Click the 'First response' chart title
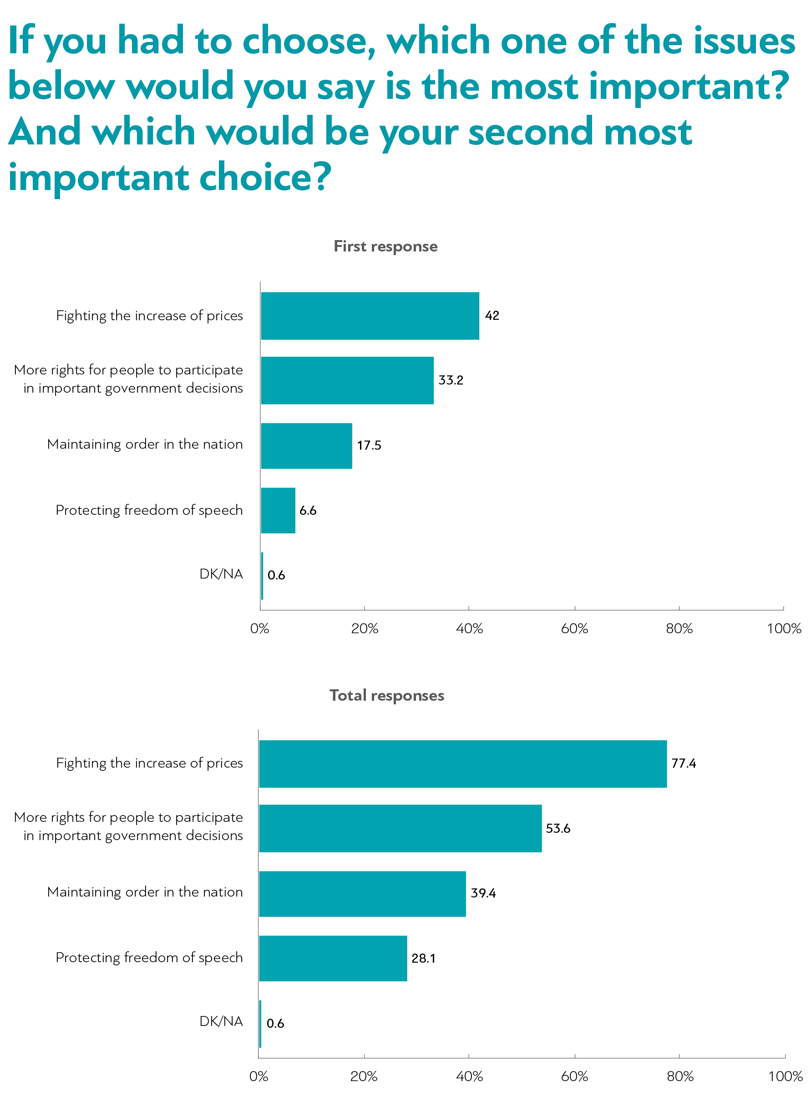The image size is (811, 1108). (x=385, y=246)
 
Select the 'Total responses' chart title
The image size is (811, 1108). (x=386, y=695)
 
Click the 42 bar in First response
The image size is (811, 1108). (x=370, y=315)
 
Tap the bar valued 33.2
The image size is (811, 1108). (x=347, y=380)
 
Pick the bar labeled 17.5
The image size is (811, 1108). (x=306, y=446)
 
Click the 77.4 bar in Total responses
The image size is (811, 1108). (x=462, y=764)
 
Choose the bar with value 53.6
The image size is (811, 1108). (x=400, y=828)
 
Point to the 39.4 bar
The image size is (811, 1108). (x=362, y=893)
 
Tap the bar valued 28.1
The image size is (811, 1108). (x=333, y=958)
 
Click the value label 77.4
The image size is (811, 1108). (x=684, y=764)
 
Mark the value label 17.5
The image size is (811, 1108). (x=369, y=446)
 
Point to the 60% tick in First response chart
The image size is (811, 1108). (x=574, y=628)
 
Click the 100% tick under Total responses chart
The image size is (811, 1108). (x=785, y=1077)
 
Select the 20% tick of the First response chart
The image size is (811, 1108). (x=364, y=628)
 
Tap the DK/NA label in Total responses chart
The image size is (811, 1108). (x=221, y=1021)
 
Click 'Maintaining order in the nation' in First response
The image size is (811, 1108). (x=145, y=444)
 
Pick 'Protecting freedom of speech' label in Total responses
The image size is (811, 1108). (x=149, y=958)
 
